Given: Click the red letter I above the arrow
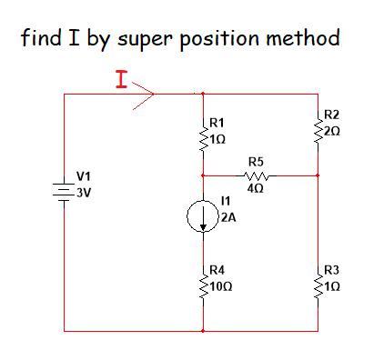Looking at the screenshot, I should (x=121, y=80).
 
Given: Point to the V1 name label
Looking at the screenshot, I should (x=83, y=175).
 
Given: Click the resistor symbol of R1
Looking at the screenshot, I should (x=202, y=133).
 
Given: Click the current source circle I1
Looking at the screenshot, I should (x=202, y=216).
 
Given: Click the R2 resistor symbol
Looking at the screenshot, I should (x=318, y=128).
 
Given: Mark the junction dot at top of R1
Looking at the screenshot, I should (x=202, y=94).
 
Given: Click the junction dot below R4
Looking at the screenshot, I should (x=202, y=331).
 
